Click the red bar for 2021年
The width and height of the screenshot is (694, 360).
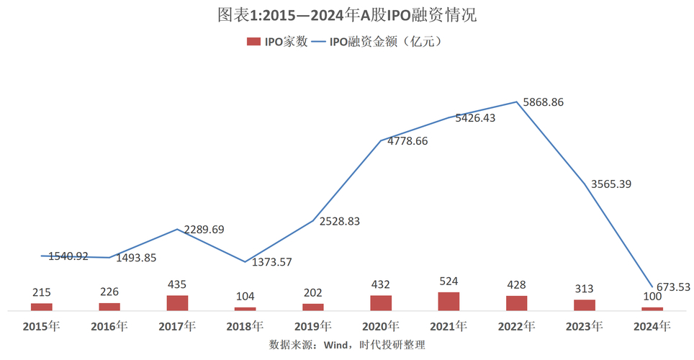click(x=449, y=301)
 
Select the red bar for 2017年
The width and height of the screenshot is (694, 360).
click(x=177, y=302)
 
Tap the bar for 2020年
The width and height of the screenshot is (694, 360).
click(x=381, y=302)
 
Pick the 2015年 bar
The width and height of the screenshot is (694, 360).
click(x=41, y=307)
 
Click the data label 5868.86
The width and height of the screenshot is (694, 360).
click(x=544, y=102)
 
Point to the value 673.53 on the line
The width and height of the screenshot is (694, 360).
click(x=673, y=287)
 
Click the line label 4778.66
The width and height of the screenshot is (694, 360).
click(x=407, y=141)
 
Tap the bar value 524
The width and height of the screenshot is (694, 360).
click(x=449, y=281)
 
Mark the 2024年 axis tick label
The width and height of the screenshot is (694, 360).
click(x=652, y=326)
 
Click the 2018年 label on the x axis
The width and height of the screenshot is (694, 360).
click(x=245, y=326)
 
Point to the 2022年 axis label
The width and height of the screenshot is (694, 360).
click(x=516, y=326)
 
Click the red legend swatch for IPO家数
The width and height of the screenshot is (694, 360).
click(x=253, y=42)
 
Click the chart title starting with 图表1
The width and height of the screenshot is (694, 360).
click(x=347, y=15)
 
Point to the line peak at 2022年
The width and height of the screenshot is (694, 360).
click(x=516, y=102)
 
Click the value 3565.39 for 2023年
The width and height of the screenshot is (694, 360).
click(x=611, y=184)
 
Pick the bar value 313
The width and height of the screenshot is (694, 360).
click(x=584, y=289)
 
